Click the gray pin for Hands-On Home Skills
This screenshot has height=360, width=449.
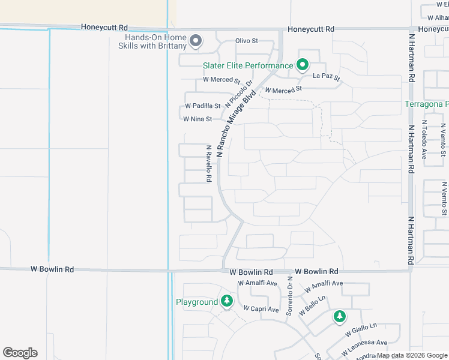coord(195,41)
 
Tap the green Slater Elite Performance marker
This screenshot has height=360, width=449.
coord(303,65)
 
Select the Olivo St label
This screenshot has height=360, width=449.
coord(246,41)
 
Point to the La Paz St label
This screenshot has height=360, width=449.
coord(327,77)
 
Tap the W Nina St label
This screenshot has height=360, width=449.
coord(197,119)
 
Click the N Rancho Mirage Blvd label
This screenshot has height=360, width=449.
coord(236,124)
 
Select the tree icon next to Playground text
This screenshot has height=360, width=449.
coord(227,301)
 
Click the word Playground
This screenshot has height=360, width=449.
coord(196,302)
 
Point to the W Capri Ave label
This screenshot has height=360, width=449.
coord(261,309)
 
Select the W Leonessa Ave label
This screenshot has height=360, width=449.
coord(364,346)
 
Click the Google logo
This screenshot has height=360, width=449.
coord(20,353)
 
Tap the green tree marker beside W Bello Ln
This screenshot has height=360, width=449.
coord(340,316)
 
